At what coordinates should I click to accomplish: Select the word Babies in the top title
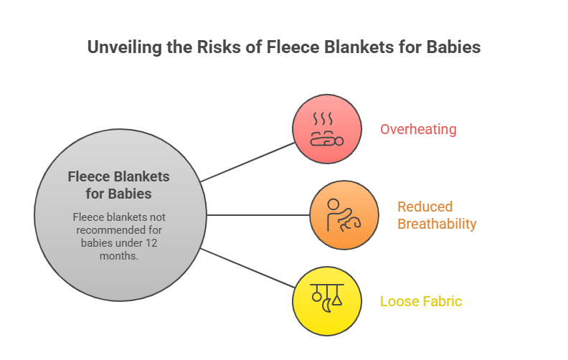coord(451,48)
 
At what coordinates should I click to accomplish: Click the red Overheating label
coord(418,130)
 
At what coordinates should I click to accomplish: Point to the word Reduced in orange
coord(425,207)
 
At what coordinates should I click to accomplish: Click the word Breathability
coord(437,224)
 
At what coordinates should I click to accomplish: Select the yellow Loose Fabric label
coord(421,301)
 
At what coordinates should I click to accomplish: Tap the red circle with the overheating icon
coord(326,129)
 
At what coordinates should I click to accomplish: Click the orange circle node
coord(344,214)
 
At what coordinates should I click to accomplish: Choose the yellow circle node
coord(326,300)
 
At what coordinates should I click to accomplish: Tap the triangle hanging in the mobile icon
coord(337,299)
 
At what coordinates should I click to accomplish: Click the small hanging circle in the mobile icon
coord(316,296)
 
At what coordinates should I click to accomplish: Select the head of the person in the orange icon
coord(334,204)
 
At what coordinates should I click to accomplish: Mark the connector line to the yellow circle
coord(247,267)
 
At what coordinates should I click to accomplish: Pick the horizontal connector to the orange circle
coord(258,214)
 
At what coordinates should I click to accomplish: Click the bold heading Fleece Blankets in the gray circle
coord(118,176)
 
